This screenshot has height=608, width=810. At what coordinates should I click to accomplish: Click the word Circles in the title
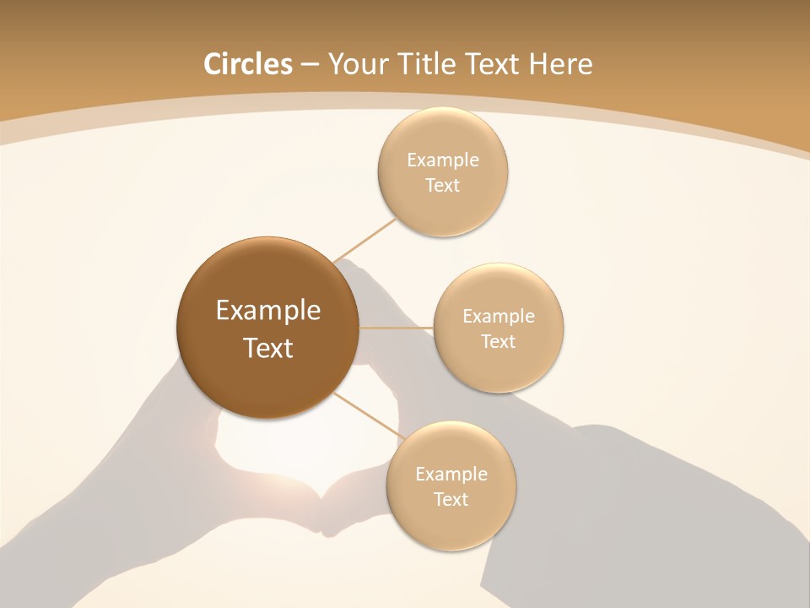pyautogui.click(x=247, y=64)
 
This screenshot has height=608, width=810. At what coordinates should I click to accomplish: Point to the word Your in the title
pyautogui.click(x=359, y=64)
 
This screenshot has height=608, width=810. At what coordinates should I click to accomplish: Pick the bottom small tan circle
pyautogui.click(x=451, y=524)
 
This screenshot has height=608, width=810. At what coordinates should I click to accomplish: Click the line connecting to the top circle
pyautogui.click(x=364, y=239)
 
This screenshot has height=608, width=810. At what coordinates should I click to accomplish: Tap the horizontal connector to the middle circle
pyautogui.click(x=396, y=327)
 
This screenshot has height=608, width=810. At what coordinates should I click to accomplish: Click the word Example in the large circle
pyautogui.click(x=268, y=311)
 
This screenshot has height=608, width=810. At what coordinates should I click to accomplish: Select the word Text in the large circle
pyautogui.click(x=268, y=348)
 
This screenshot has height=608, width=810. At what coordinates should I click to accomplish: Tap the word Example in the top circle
pyautogui.click(x=443, y=160)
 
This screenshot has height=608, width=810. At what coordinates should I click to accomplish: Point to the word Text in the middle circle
pyautogui.click(x=498, y=341)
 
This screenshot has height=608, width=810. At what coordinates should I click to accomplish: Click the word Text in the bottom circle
pyautogui.click(x=451, y=499)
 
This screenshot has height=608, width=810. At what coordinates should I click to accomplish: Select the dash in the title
pyautogui.click(x=310, y=64)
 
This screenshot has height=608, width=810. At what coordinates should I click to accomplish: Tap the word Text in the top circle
pyautogui.click(x=442, y=185)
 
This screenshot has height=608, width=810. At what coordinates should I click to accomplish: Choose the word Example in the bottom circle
pyautogui.click(x=451, y=474)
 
